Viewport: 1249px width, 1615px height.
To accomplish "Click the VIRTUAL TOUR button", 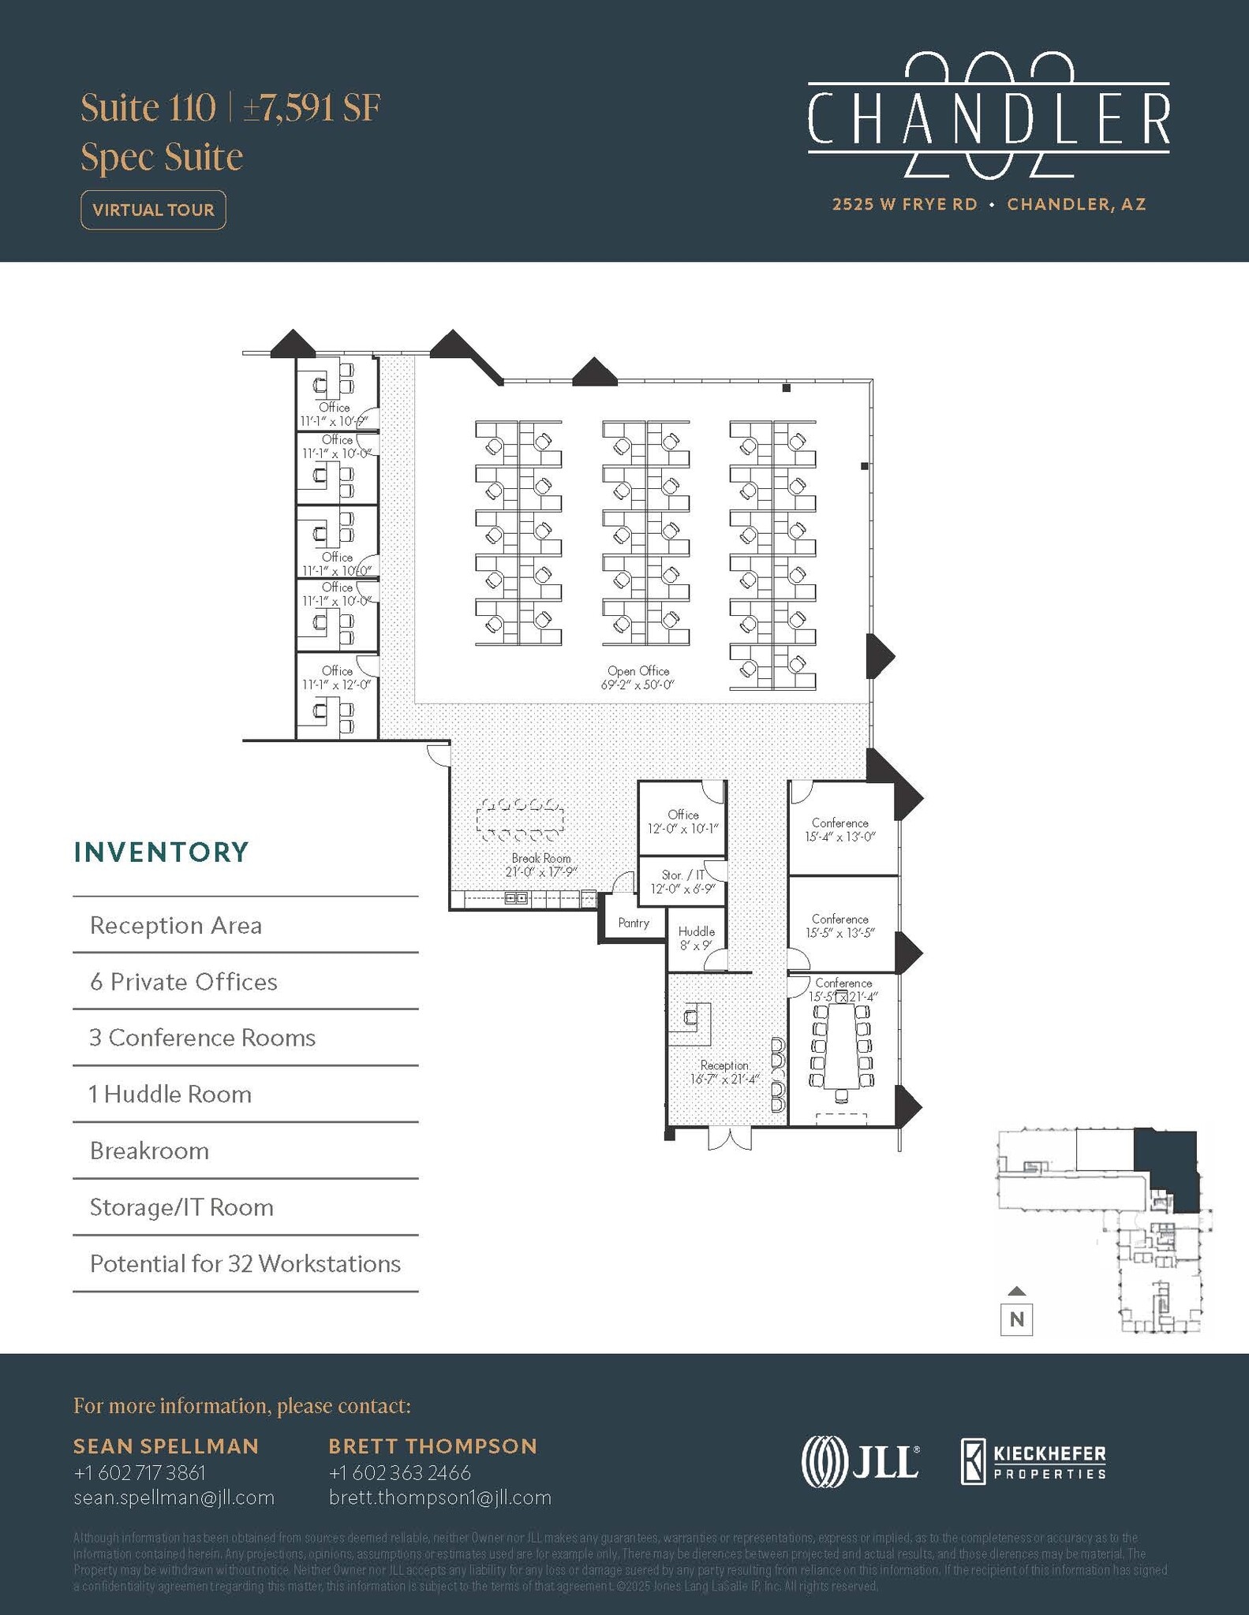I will (153, 210).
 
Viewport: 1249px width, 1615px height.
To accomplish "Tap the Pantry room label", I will (634, 923).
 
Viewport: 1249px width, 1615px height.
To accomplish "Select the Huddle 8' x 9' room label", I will (696, 938).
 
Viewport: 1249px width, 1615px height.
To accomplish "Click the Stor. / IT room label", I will (682, 882).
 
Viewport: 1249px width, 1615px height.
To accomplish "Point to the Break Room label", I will (540, 864).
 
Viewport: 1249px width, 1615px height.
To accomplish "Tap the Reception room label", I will (724, 1072).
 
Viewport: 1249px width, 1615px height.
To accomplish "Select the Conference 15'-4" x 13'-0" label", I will (840, 830).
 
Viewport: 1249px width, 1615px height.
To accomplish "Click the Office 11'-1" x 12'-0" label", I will (336, 677).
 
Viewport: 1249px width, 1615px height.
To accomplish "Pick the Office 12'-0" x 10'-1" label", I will (682, 822).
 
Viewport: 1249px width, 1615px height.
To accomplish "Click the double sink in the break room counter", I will (517, 898).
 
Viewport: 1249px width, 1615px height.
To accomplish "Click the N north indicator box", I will (1016, 1318).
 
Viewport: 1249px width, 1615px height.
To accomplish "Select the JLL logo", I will (860, 1461).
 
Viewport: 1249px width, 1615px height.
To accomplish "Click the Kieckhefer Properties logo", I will (1033, 1461).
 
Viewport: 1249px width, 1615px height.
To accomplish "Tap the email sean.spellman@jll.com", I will (174, 1498).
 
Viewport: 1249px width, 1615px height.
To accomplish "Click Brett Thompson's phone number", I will (399, 1472).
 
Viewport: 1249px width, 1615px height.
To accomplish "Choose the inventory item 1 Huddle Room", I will (170, 1094).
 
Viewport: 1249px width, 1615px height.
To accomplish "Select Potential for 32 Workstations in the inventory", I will (245, 1263).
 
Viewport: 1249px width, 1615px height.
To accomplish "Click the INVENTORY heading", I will (161, 852).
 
